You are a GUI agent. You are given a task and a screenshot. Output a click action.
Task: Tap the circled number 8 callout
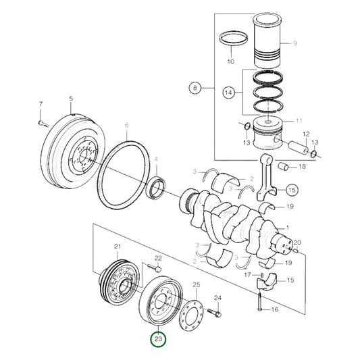(x=195, y=88)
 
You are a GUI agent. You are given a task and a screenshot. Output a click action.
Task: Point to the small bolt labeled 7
(x=42, y=122)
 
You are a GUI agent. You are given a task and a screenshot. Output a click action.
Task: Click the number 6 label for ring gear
(x=126, y=125)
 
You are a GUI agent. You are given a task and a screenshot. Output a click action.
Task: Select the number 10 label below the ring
(x=230, y=61)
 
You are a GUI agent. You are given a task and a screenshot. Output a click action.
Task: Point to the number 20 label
(x=298, y=242)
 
